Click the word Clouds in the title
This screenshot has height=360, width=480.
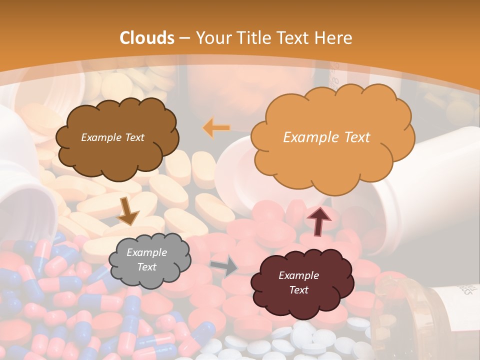pyautogui.click(x=147, y=38)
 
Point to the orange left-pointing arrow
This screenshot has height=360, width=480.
pyautogui.click(x=216, y=128)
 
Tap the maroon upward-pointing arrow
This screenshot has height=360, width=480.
pyautogui.click(x=318, y=220)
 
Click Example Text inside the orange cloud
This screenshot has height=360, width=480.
pyautogui.click(x=326, y=137)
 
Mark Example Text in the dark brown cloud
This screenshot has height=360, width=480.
pyautogui.click(x=112, y=137)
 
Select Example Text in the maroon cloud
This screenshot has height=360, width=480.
pyautogui.click(x=298, y=282)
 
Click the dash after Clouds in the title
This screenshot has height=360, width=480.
pyautogui.click(x=184, y=38)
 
